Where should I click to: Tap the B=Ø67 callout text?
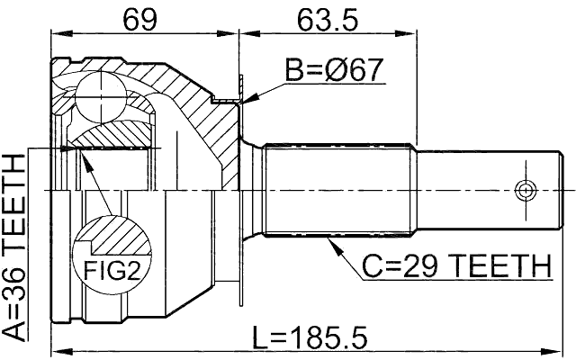[335, 69]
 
